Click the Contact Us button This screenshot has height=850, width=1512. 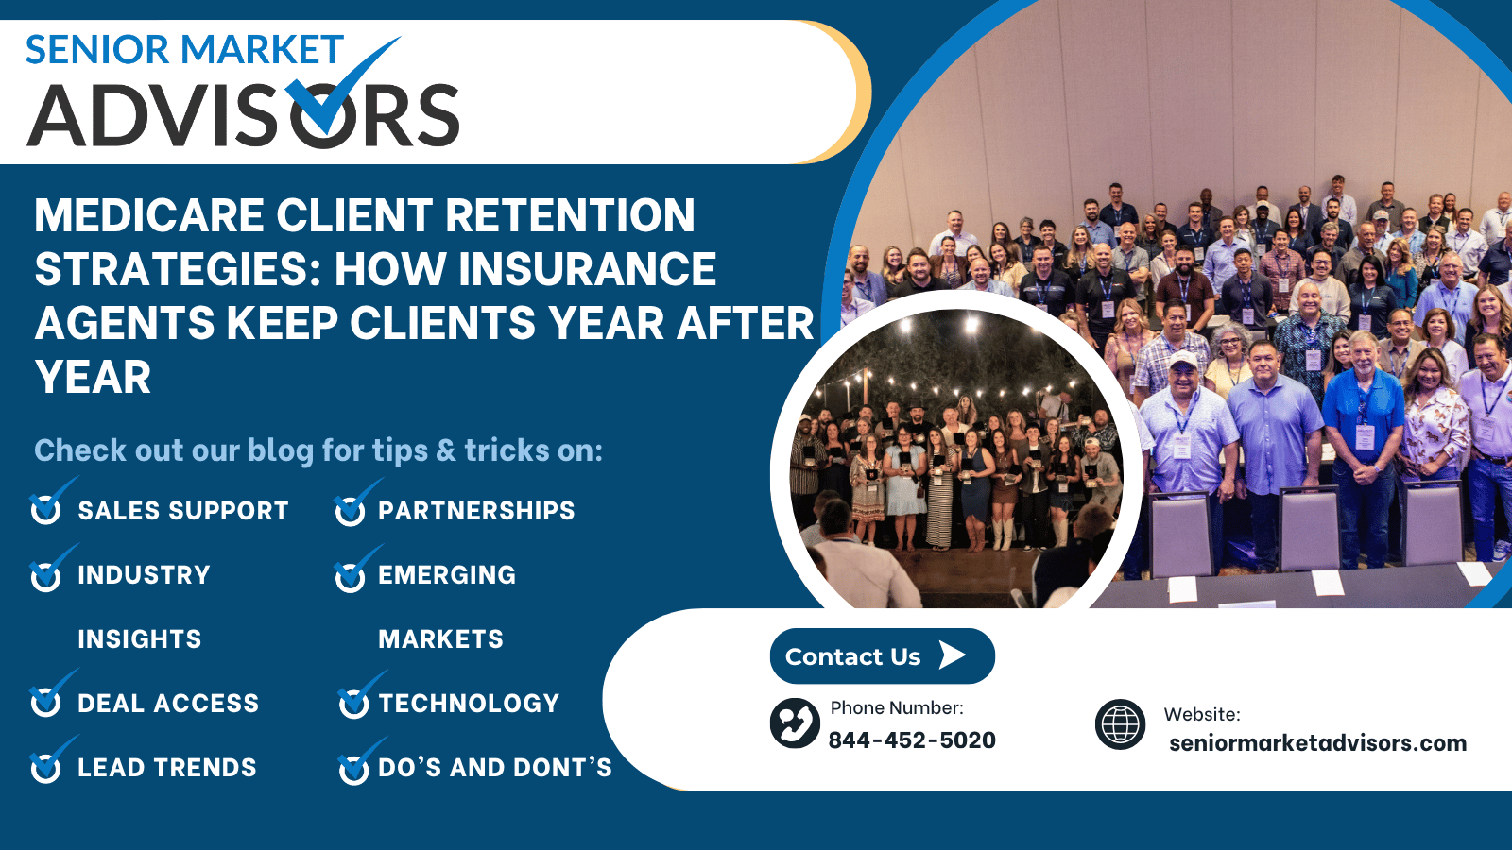point(883,655)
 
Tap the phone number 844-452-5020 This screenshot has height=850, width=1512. point(912,740)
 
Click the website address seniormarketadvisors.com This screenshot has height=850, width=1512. point(1317,742)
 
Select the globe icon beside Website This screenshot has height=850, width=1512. point(1120,723)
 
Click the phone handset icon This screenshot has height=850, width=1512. point(795,723)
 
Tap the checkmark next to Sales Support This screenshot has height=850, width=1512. point(51,501)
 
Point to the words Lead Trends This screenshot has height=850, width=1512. point(166,767)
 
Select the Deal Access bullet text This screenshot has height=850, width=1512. point(168,703)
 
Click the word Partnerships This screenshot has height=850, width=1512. point(476,511)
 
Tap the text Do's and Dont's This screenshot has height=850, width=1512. point(495,767)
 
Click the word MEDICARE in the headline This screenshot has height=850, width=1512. point(149,215)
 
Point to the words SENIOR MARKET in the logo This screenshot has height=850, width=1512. point(184,49)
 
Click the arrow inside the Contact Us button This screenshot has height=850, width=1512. point(953,655)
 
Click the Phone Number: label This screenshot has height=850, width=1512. point(897,707)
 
